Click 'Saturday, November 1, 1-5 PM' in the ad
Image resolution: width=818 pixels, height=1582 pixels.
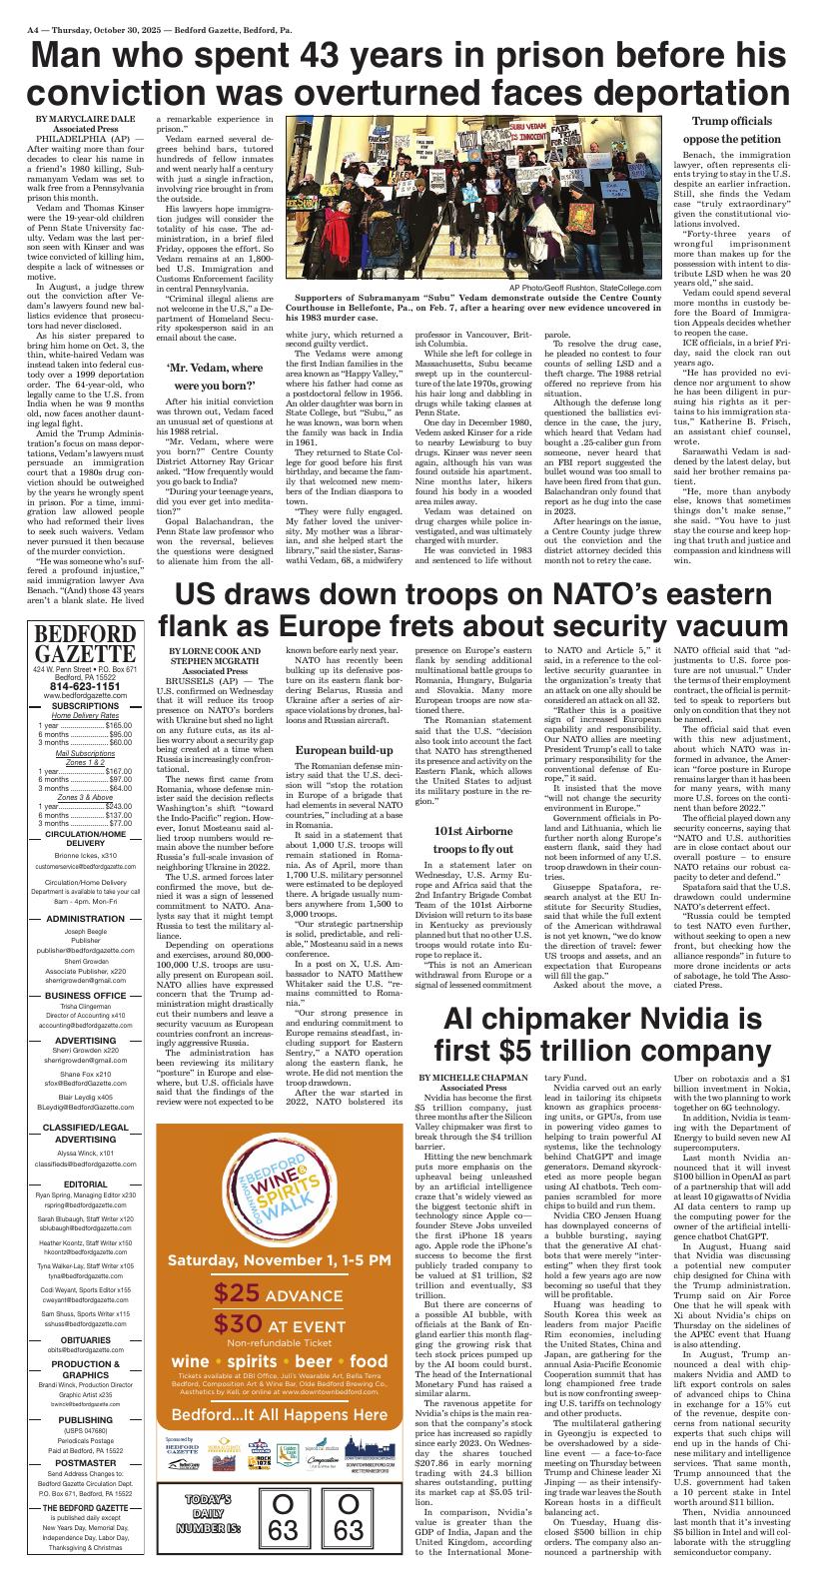[x=279, y=1261]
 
